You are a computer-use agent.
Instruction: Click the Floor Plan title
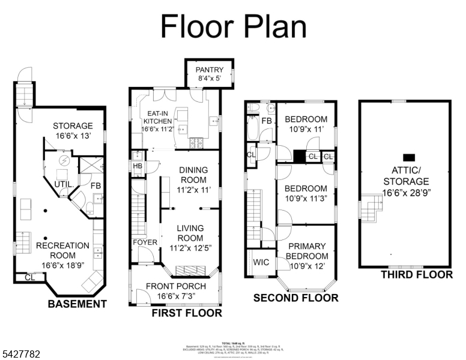click(233, 27)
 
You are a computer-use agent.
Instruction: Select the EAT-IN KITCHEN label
click(157, 120)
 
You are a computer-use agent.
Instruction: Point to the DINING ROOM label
click(193, 179)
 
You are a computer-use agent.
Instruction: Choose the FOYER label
click(145, 242)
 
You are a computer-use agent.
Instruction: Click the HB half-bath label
click(137, 166)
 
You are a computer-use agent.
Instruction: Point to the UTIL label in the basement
click(64, 184)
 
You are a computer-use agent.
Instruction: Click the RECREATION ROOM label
click(62, 251)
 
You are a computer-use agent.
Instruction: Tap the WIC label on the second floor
click(261, 262)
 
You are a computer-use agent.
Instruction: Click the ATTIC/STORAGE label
click(406, 176)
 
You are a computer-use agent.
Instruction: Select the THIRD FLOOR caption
click(416, 275)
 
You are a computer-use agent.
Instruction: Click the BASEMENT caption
click(77, 304)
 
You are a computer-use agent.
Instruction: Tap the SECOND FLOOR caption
click(295, 298)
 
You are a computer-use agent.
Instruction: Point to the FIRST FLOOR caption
click(186, 313)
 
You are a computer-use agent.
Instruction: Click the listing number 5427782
click(20, 355)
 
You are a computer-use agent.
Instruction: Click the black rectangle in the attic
click(408, 156)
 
